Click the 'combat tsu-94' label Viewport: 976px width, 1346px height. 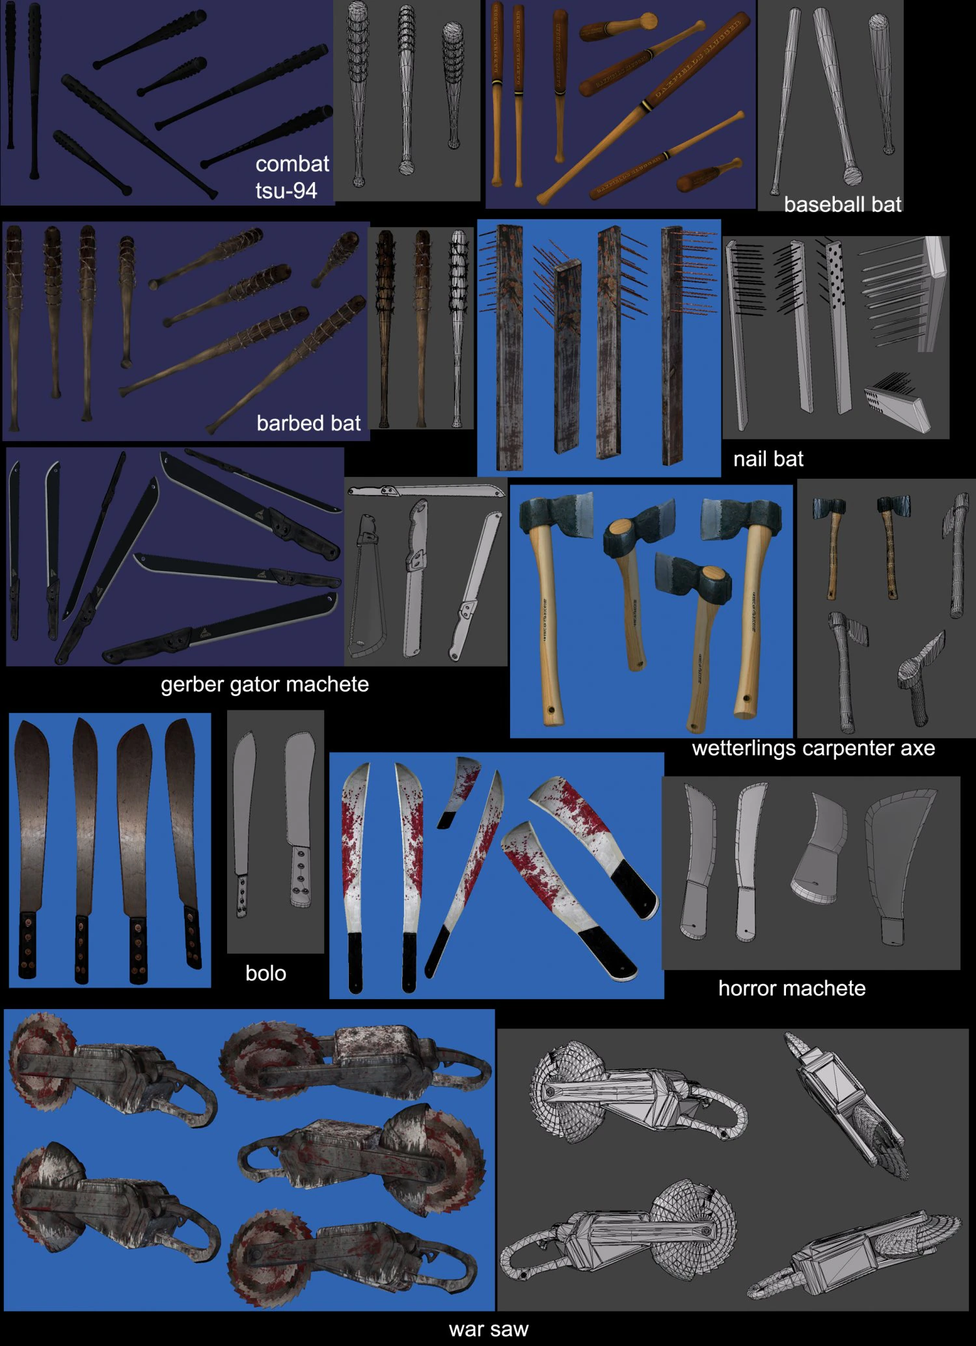point(291,177)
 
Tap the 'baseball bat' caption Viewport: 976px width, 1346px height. point(842,205)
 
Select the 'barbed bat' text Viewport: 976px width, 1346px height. point(308,424)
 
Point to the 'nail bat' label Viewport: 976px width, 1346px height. point(768,459)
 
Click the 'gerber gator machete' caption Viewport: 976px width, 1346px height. point(264,684)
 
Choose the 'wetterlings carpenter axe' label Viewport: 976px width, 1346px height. point(813,748)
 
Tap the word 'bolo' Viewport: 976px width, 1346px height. point(265,973)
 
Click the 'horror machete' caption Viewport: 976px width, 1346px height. point(791,988)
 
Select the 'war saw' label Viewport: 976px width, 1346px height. point(488,1329)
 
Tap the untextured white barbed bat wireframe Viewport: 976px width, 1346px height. point(459,325)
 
